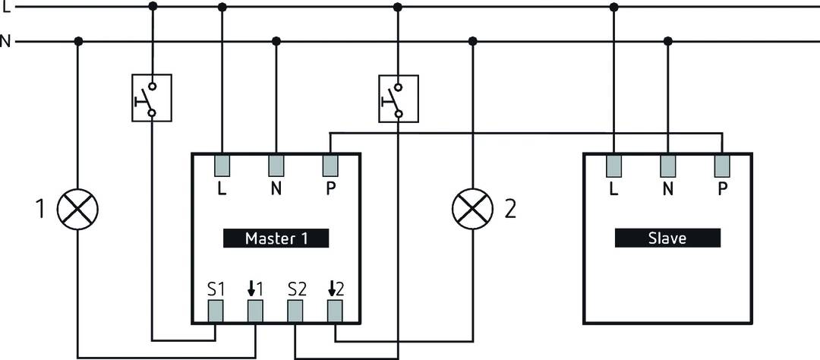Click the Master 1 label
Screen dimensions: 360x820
tap(276, 238)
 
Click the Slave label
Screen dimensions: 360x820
tap(667, 238)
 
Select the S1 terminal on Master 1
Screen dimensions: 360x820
tap(216, 311)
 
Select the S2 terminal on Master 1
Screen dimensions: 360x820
tap(295, 311)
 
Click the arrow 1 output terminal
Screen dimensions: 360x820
tap(255, 311)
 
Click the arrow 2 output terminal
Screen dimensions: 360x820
tap(335, 311)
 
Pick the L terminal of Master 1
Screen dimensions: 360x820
tap(222, 166)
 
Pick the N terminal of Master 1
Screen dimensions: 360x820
tap(276, 166)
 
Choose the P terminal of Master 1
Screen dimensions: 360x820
tap(330, 166)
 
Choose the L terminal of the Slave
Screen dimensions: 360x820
tap(613, 166)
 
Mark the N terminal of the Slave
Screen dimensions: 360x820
tap(668, 166)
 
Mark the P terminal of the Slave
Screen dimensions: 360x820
tap(722, 166)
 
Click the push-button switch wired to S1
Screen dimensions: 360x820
tap(152, 98)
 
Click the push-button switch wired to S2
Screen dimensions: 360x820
tap(398, 98)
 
